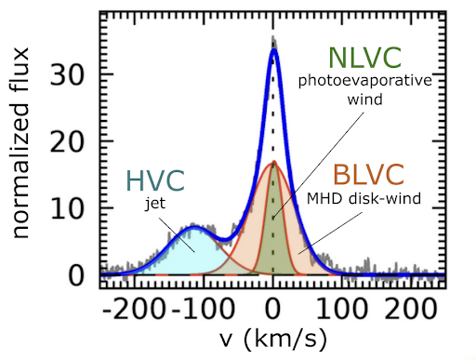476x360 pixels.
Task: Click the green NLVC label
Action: tap(364, 58)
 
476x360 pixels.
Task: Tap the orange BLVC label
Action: tap(368, 175)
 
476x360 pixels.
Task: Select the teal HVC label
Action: tap(155, 180)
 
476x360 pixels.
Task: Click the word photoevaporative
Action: tap(364, 82)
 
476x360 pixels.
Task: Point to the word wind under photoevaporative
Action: tap(364, 100)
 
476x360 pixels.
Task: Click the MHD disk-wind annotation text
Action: tap(364, 198)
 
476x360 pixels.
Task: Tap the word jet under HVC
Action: tap(155, 204)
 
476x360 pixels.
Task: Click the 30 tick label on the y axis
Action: tap(67, 75)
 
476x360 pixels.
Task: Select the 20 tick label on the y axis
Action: tap(67, 142)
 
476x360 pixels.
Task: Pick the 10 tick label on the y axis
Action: tap(67, 208)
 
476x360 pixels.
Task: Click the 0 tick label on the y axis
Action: tap(76, 275)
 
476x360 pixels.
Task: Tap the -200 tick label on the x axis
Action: tap(133, 309)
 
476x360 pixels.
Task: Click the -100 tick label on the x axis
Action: tap(203, 309)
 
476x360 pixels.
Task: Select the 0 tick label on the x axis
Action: tap(272, 309)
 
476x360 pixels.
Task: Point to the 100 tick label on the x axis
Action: tap(342, 309)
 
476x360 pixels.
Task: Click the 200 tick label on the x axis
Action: tap(411, 309)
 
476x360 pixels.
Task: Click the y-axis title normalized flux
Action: tap(20, 143)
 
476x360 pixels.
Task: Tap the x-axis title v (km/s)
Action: tap(273, 339)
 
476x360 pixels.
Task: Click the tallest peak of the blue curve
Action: tap(273, 49)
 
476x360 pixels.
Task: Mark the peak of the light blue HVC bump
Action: tap(194, 228)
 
